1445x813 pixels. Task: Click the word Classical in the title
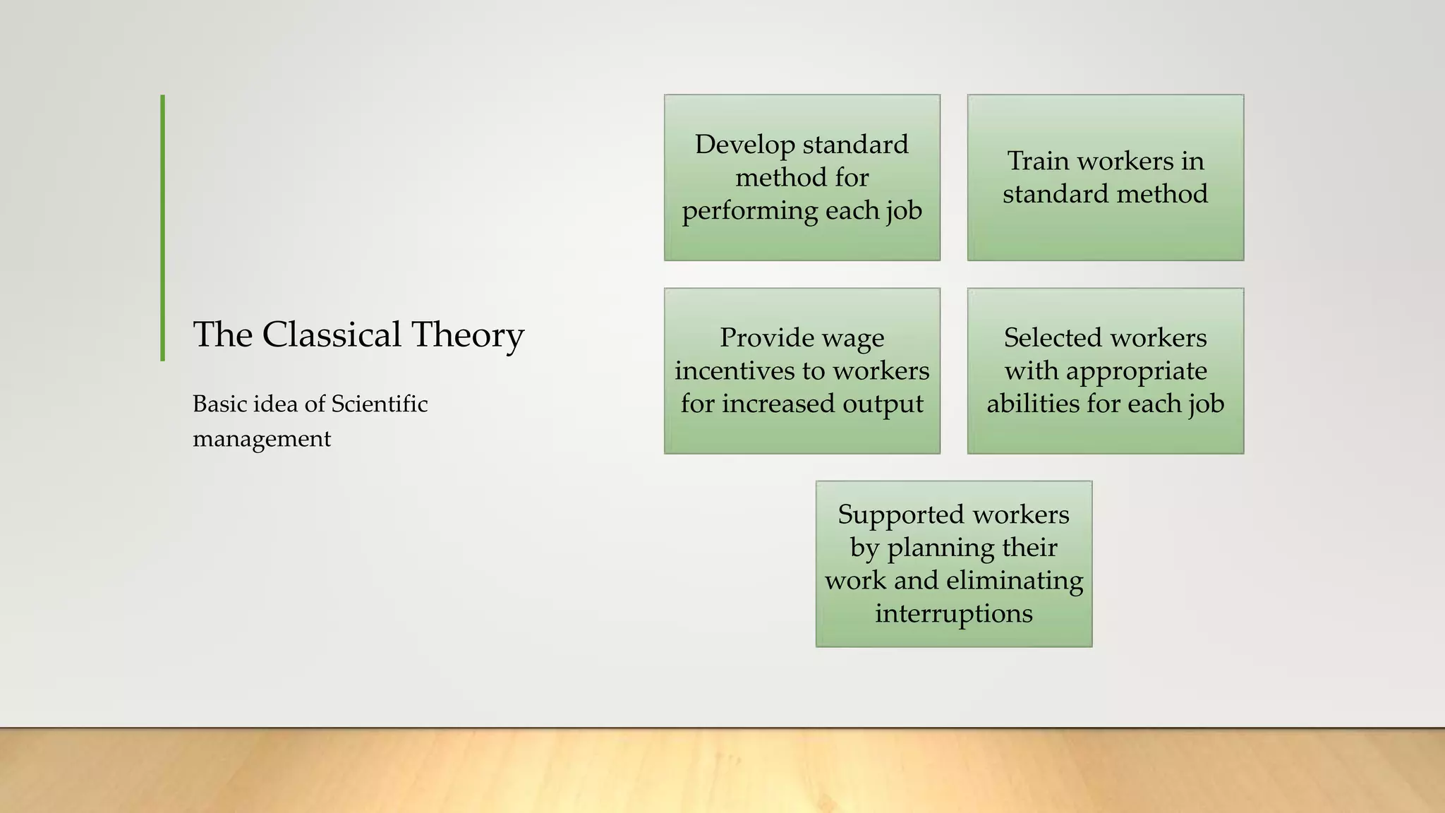pyautogui.click(x=331, y=335)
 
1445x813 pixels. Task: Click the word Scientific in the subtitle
pyautogui.click(x=380, y=404)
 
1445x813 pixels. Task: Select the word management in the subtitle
pyautogui.click(x=262, y=439)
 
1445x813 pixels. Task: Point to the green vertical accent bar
pyautogui.click(x=163, y=228)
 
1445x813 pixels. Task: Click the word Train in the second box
pyautogui.click(x=1038, y=161)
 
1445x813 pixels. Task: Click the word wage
pyautogui.click(x=853, y=338)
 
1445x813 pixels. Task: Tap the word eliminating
pyautogui.click(x=1015, y=581)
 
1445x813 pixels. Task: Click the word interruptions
pyautogui.click(x=954, y=614)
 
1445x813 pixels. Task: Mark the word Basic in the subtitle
pyautogui.click(x=220, y=404)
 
